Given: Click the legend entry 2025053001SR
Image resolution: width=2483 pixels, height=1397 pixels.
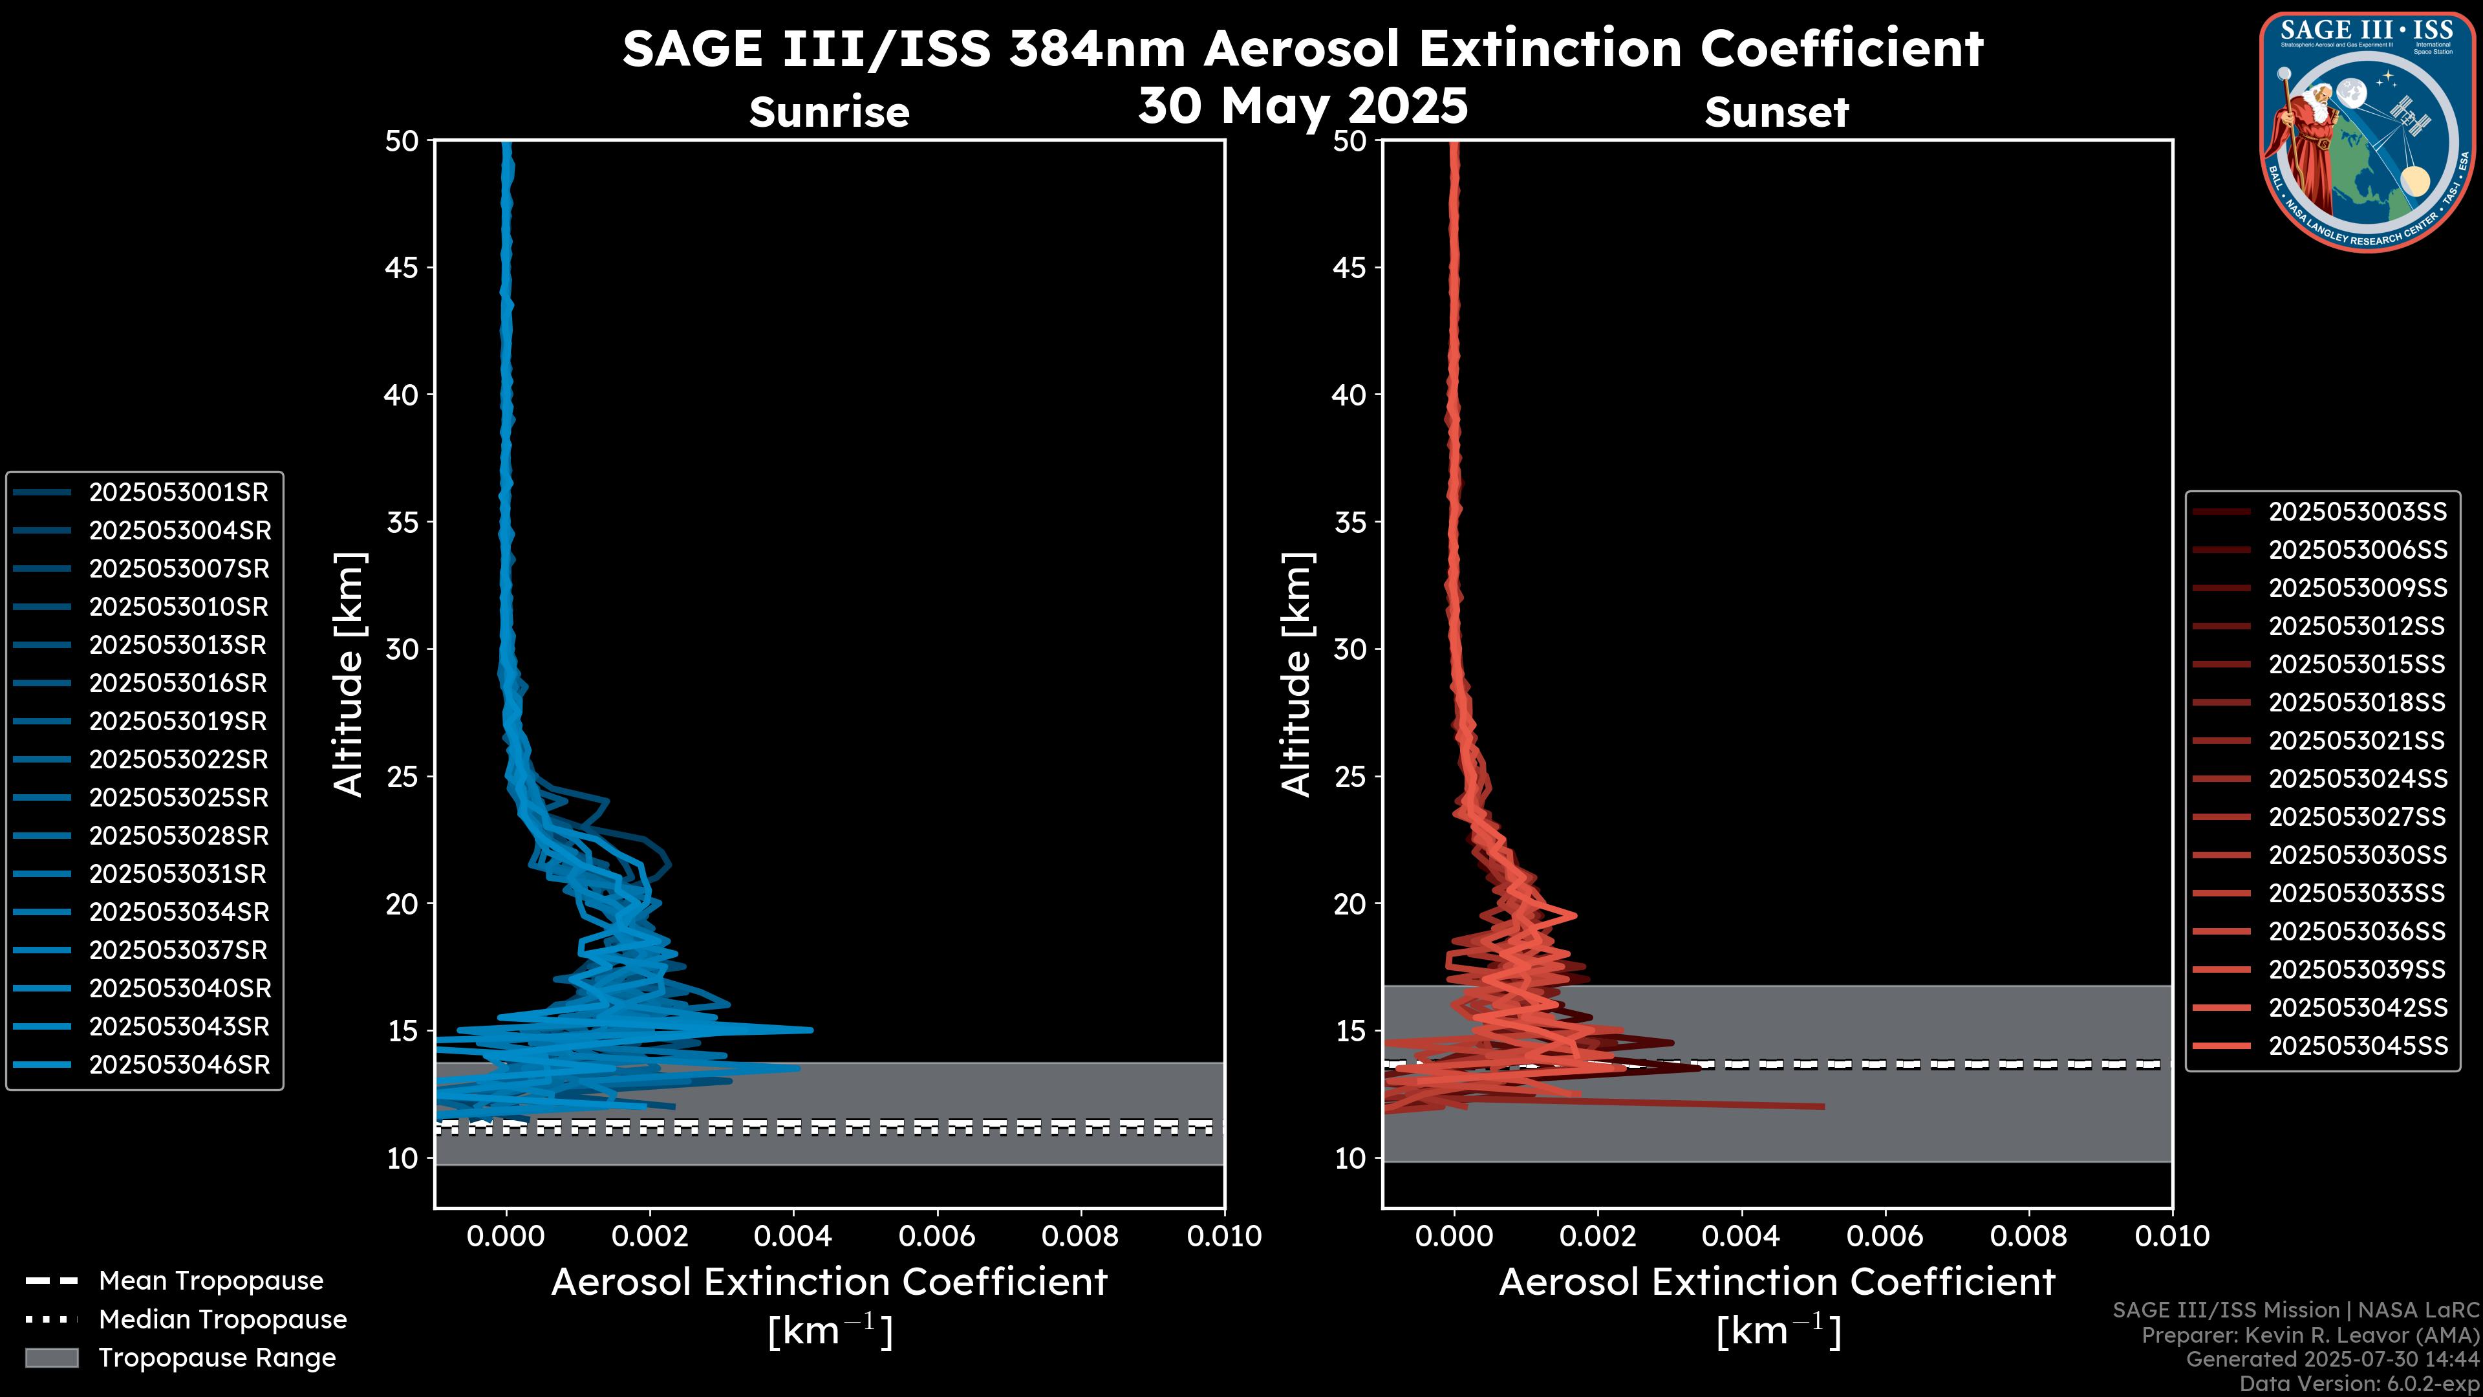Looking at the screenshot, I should [178, 493].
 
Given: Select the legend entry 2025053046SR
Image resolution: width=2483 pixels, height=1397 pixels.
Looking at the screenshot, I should [179, 1065].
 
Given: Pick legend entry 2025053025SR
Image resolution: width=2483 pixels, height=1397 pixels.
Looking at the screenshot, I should [178, 798].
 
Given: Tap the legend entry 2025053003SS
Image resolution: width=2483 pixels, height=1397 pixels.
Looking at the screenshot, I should [2358, 512].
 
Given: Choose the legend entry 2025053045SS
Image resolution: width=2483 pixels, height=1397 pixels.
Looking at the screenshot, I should [2358, 1046].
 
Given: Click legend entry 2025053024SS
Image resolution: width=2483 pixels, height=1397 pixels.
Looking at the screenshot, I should [2358, 779].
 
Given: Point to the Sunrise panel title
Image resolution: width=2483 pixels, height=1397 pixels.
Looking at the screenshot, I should [829, 112].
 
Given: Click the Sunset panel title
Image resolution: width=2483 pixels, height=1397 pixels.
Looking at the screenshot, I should [1776, 112].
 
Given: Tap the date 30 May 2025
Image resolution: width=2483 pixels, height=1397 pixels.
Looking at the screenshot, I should [1302, 105].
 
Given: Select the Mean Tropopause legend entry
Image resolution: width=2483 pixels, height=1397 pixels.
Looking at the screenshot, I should [210, 1281].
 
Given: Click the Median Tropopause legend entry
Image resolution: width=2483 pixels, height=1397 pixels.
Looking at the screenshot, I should [222, 1320].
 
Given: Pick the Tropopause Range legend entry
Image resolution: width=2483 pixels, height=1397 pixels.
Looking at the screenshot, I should [217, 1358].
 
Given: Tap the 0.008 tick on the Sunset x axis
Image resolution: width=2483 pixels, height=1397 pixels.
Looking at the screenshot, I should [2029, 1236].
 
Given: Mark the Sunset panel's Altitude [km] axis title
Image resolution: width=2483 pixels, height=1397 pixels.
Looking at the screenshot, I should [1296, 675].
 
